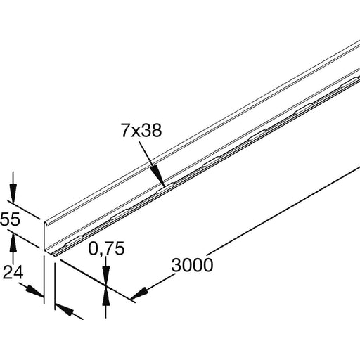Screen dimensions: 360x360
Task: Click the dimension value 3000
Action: click(x=191, y=265)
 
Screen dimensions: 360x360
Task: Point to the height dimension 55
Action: click(x=10, y=220)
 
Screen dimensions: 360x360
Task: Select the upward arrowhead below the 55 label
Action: click(x=12, y=240)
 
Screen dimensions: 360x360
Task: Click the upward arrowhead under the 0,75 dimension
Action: click(x=105, y=296)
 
